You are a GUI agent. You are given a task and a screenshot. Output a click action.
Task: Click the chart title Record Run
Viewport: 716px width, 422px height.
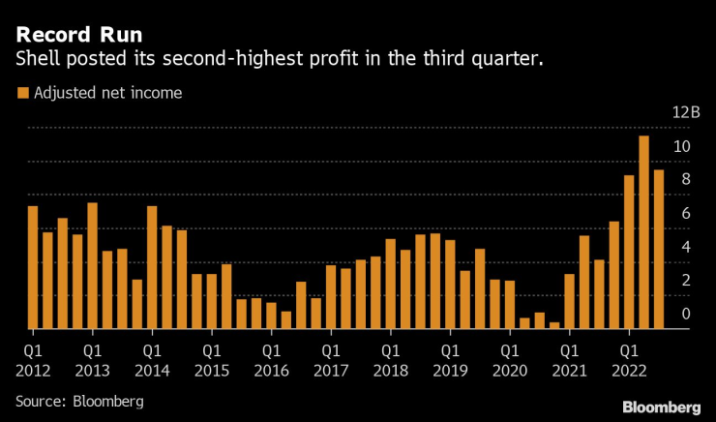(x=77, y=35)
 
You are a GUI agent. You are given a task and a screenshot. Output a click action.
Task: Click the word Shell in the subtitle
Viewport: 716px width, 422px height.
(x=36, y=60)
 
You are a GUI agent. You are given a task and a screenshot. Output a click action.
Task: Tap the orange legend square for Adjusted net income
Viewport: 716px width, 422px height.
(x=21, y=93)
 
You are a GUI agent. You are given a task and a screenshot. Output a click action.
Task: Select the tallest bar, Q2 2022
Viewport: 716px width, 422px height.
(x=643, y=232)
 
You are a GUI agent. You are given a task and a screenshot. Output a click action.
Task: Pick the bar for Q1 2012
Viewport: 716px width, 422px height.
(x=32, y=267)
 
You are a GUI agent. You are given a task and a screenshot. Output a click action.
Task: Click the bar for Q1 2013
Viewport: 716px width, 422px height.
(x=92, y=265)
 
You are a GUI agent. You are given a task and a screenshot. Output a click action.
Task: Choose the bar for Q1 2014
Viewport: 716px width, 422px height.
(x=152, y=267)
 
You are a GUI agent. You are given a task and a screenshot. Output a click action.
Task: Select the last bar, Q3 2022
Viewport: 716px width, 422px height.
(x=659, y=249)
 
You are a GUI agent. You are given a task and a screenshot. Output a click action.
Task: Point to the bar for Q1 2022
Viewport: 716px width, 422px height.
(x=629, y=252)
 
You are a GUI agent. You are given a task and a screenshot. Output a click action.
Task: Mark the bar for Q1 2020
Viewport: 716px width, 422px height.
(x=510, y=305)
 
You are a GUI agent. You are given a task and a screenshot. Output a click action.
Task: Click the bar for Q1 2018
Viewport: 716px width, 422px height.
(x=391, y=284)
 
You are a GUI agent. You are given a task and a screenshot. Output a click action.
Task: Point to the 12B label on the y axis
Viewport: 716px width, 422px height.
(x=686, y=112)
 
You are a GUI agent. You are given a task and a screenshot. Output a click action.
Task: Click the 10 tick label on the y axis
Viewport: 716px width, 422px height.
(x=682, y=146)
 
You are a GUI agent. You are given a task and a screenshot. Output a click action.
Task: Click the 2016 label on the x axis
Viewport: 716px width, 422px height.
(x=271, y=370)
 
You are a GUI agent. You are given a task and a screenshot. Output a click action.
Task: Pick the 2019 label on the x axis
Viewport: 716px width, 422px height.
(x=450, y=370)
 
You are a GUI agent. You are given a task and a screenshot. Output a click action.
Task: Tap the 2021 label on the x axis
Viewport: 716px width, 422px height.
(x=569, y=370)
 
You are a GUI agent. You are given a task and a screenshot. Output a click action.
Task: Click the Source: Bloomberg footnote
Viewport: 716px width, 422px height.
(x=79, y=400)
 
